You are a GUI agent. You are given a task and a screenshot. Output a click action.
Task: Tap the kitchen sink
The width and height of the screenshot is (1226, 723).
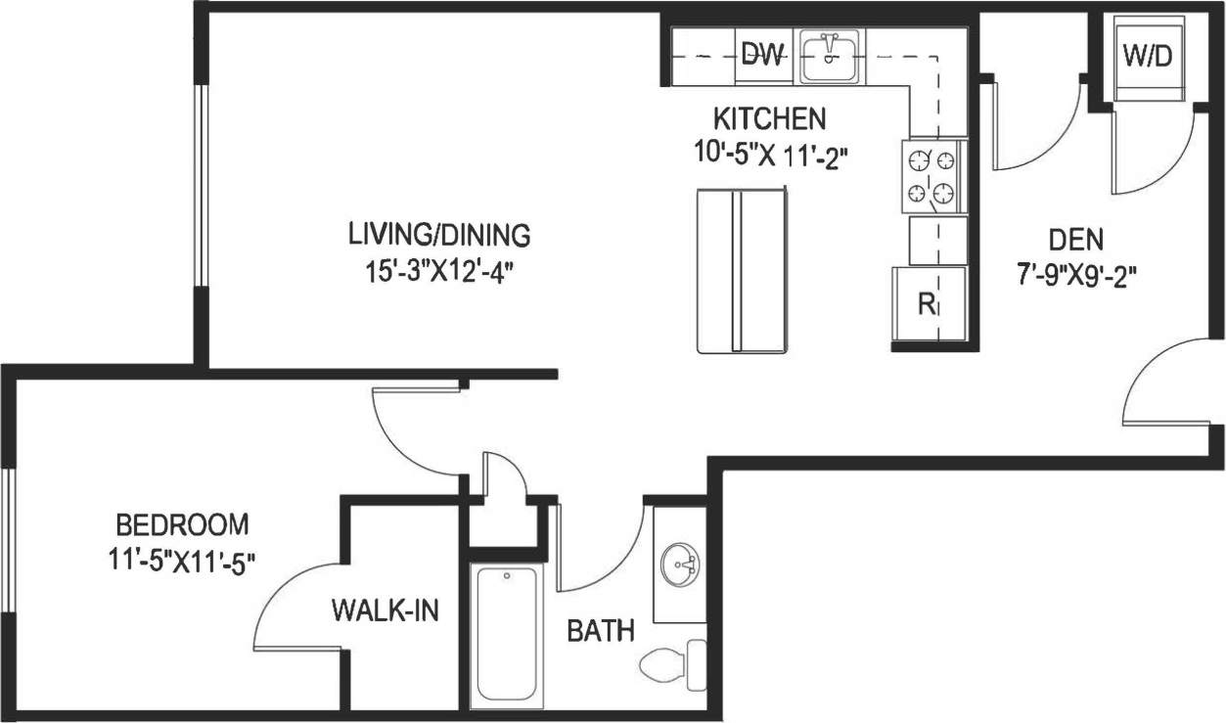(x=829, y=57)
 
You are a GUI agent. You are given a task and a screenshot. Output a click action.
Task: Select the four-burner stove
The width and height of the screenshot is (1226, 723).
(x=931, y=176)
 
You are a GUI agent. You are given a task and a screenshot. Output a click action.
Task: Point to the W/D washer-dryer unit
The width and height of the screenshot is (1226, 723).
(x=1147, y=58)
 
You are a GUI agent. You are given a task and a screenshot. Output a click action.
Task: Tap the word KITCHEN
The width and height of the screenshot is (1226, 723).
(x=769, y=119)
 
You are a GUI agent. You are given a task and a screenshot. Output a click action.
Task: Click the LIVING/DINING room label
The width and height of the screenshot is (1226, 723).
(x=439, y=235)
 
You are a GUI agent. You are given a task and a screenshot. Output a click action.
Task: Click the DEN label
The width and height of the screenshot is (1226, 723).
(x=1075, y=239)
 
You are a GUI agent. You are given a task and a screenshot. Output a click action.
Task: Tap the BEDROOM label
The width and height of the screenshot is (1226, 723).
(x=180, y=524)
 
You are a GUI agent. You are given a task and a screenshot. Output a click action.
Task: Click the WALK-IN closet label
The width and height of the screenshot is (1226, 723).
(x=384, y=611)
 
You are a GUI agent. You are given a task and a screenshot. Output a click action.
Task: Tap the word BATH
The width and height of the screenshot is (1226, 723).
(x=601, y=631)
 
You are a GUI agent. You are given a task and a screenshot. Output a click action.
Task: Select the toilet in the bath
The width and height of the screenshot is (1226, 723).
(x=675, y=662)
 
